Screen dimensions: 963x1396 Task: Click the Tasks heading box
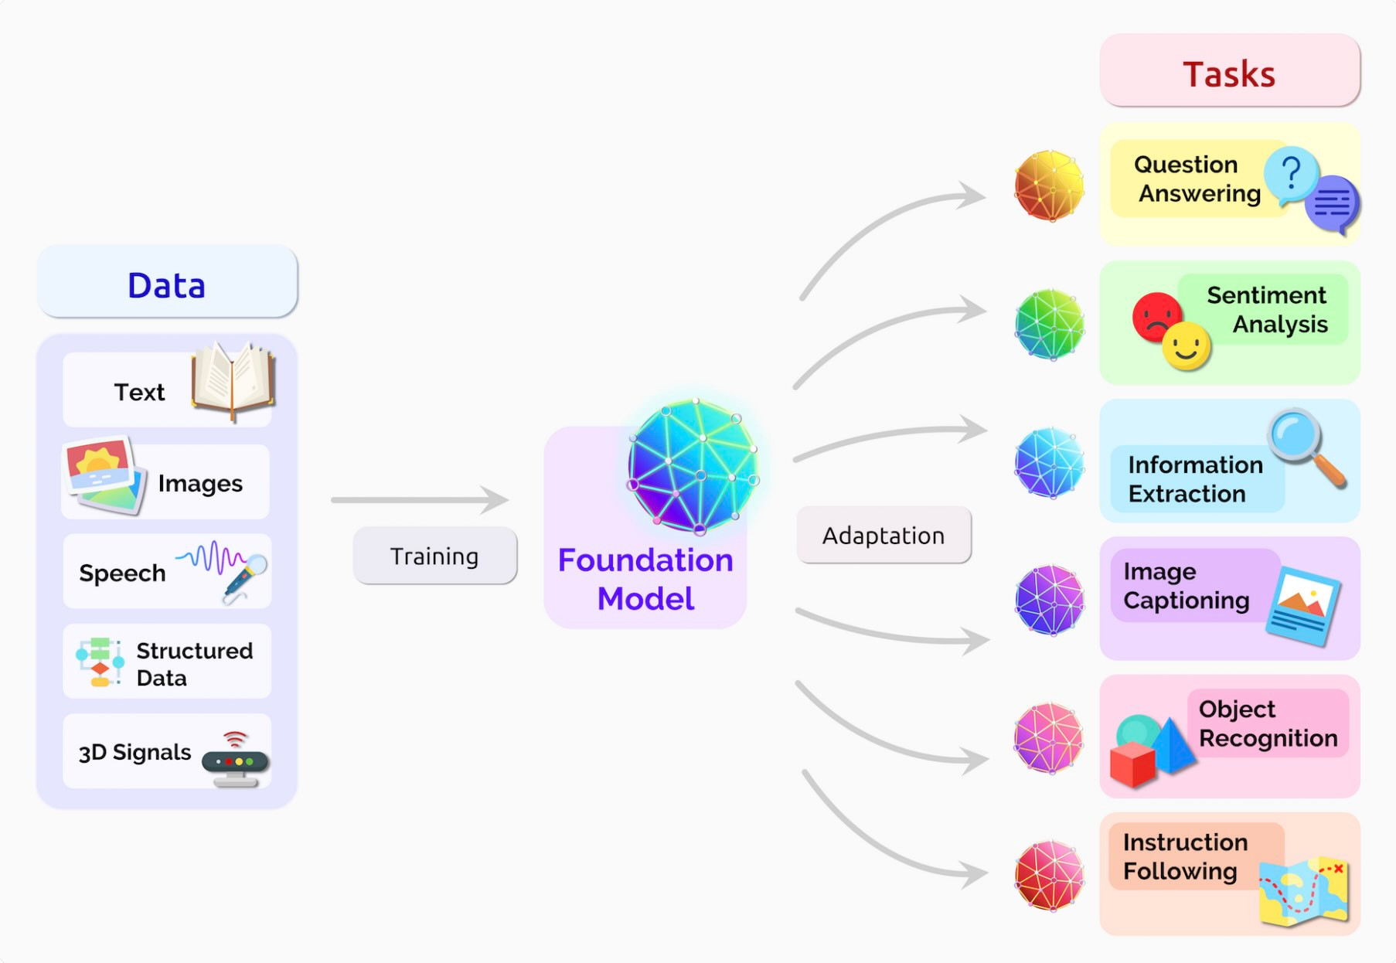1229,71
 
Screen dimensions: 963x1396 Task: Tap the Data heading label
167,284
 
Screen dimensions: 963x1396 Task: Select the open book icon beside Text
233,380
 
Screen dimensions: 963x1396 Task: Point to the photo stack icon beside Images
104,476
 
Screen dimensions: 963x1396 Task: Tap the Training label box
434,556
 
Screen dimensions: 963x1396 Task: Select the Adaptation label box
883,535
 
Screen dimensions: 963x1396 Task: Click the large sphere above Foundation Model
693,466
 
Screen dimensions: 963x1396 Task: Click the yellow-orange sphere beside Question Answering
1049,185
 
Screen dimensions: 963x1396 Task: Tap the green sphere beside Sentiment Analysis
1049,324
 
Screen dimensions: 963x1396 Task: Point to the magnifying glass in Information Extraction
1305,447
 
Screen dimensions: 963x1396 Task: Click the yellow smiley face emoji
1187,346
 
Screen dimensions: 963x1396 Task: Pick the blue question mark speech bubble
1290,175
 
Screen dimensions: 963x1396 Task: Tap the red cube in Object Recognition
1132,764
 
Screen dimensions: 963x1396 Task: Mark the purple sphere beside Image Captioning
1049,600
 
